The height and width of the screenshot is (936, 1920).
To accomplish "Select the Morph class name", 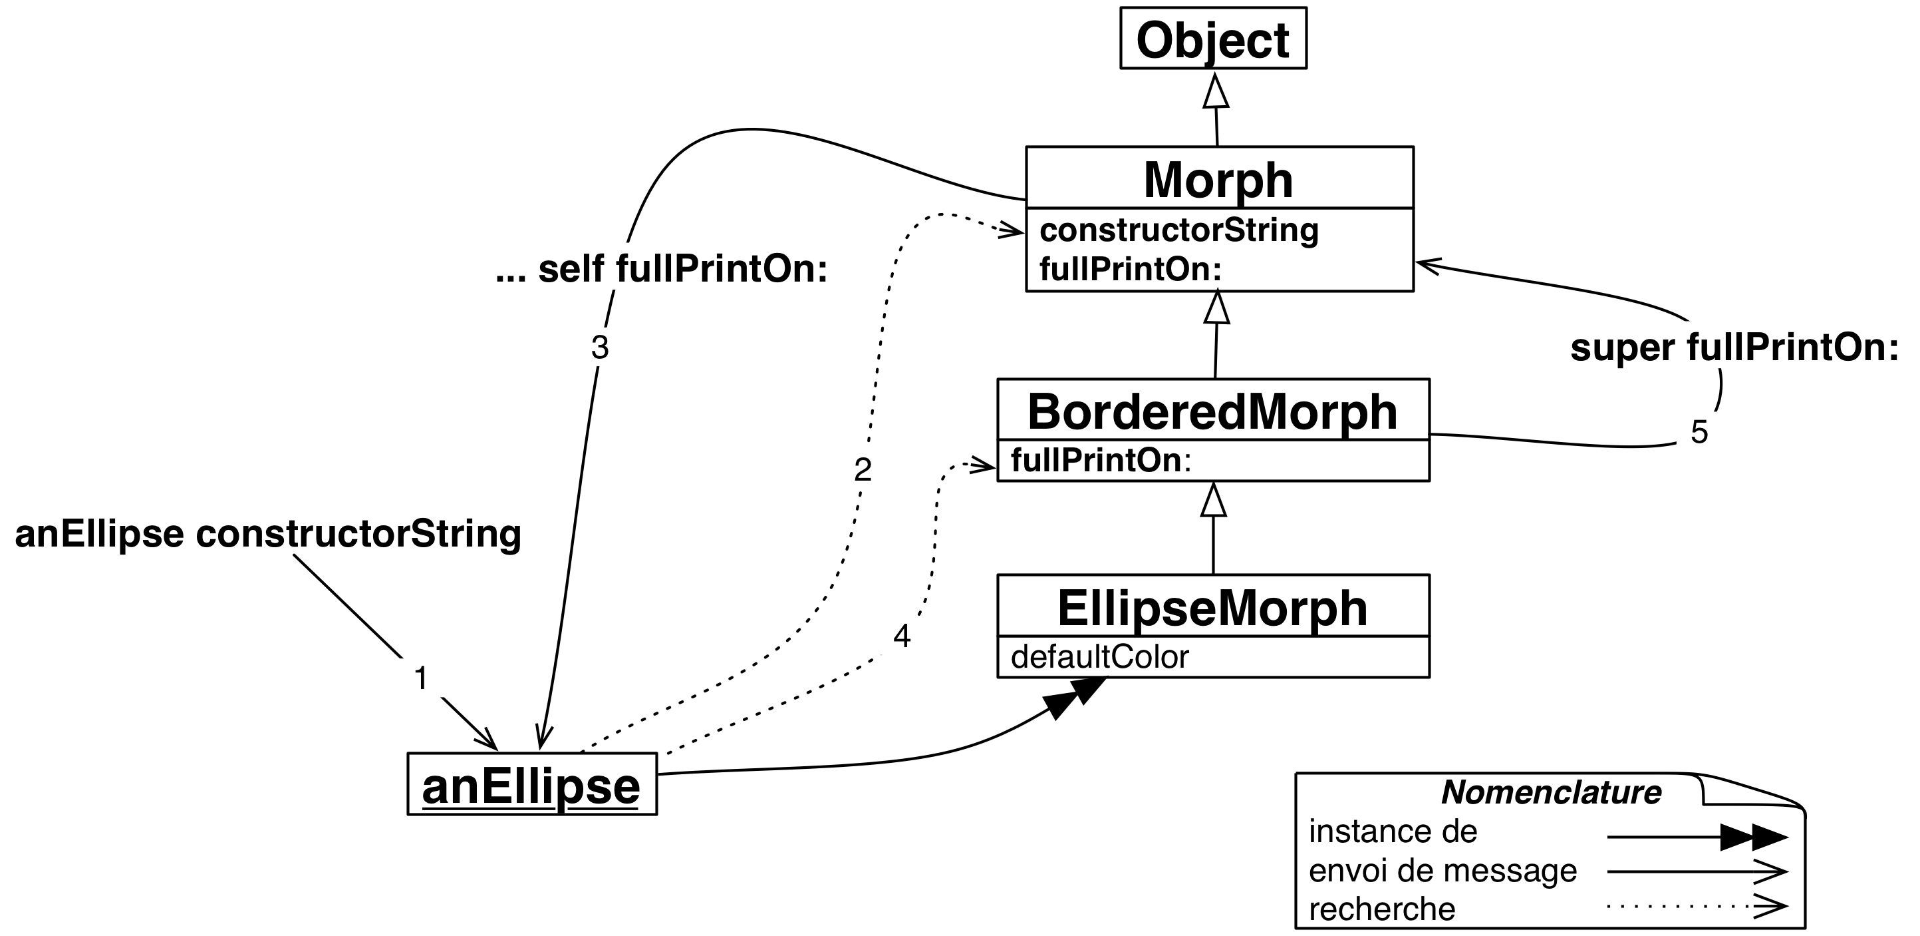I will (1218, 180).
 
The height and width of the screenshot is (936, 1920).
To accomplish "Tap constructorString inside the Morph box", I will (1178, 230).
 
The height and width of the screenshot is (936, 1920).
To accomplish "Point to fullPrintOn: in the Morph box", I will (1130, 269).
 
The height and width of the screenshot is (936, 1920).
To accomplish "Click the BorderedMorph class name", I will (1212, 411).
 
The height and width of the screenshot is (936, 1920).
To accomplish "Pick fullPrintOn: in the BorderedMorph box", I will (1101, 461).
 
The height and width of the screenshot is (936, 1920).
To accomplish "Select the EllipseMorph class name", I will (1212, 608).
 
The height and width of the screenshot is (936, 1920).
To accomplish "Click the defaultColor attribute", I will (1099, 657).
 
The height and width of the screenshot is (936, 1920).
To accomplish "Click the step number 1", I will (421, 678).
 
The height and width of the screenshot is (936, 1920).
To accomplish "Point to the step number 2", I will (863, 470).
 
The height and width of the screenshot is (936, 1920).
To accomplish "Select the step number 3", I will (600, 348).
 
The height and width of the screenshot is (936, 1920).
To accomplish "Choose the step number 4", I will (902, 637).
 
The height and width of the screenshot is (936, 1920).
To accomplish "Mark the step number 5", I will (1699, 433).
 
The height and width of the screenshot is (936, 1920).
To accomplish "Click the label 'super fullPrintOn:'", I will (1734, 348).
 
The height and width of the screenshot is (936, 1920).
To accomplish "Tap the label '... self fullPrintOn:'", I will (661, 269).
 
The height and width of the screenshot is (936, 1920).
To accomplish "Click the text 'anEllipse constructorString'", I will (267, 534).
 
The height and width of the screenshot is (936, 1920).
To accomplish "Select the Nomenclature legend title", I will (1551, 792).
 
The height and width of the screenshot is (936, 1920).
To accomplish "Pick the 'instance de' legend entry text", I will (1393, 831).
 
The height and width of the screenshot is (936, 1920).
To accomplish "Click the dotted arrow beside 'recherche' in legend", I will (1697, 907).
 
